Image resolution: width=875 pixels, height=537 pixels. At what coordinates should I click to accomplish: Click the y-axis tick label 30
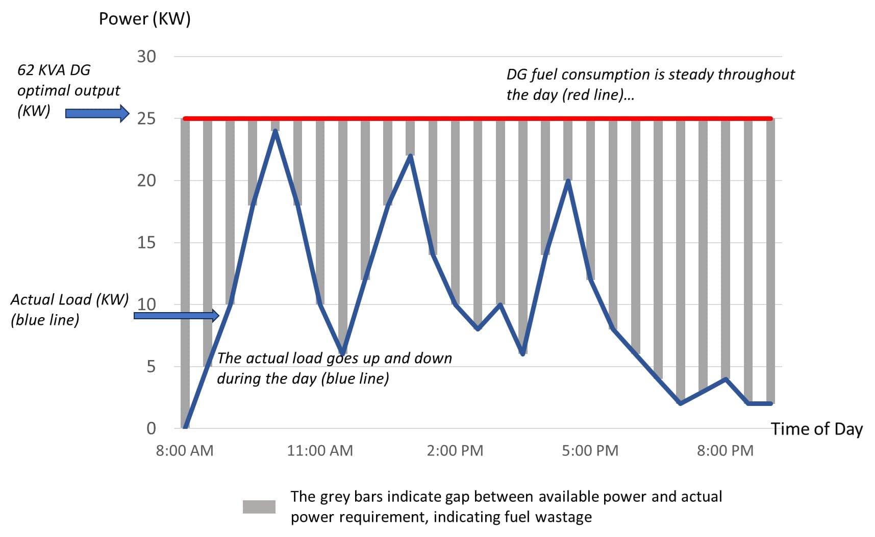[146, 56]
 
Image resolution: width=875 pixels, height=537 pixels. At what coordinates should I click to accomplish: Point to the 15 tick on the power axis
[146, 242]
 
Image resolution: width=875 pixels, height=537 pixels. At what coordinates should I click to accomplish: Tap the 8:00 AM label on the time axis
[185, 451]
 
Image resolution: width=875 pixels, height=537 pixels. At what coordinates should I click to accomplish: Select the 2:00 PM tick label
[455, 451]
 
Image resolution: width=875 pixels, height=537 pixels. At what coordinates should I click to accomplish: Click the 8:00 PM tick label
[725, 451]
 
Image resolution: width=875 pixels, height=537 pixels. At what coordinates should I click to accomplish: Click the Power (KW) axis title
[144, 19]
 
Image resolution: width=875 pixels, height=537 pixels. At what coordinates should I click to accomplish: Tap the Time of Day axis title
[816, 429]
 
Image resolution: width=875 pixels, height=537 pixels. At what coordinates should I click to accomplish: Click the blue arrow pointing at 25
[97, 113]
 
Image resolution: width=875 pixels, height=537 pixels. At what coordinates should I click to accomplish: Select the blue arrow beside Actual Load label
[176, 316]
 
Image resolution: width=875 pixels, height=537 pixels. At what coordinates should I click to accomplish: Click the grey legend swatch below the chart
[259, 507]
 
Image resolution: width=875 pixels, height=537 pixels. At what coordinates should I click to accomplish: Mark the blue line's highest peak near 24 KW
[275, 131]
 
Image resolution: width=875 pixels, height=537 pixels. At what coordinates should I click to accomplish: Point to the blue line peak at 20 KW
[568, 181]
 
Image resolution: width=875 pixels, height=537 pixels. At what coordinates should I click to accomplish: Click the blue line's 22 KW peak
[410, 156]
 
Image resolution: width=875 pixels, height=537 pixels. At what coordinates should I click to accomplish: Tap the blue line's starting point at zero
[185, 427]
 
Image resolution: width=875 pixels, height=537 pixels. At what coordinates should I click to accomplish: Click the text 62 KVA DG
[54, 70]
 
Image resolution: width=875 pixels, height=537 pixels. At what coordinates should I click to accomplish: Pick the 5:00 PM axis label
[590, 451]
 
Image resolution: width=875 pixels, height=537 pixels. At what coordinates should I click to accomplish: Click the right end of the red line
[771, 119]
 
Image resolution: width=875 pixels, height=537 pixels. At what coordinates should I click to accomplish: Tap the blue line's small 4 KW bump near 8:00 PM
[725, 379]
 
